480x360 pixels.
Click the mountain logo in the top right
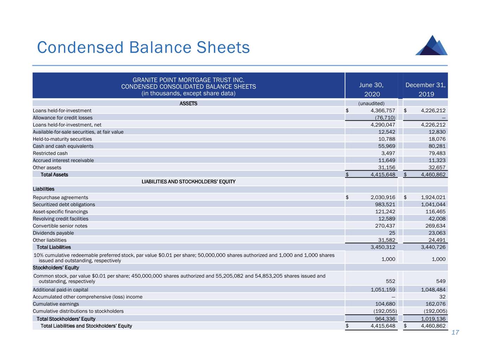click(x=432, y=46)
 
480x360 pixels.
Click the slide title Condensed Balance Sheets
click(x=143, y=47)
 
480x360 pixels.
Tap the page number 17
click(x=455, y=333)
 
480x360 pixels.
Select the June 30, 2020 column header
click(x=371, y=89)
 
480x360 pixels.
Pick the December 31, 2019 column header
click(x=425, y=89)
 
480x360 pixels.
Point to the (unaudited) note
click(x=371, y=103)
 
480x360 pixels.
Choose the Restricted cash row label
click(x=50, y=153)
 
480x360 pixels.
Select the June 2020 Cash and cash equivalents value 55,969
click(x=386, y=146)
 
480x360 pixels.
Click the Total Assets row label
click(x=55, y=175)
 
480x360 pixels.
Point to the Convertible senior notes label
click(x=60, y=226)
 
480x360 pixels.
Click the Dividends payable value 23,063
click(x=437, y=233)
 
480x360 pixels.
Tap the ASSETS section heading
click(x=188, y=103)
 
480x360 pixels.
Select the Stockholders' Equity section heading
click(x=56, y=268)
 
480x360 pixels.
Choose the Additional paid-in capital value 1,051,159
click(x=383, y=290)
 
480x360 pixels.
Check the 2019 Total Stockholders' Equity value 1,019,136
click(x=433, y=319)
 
